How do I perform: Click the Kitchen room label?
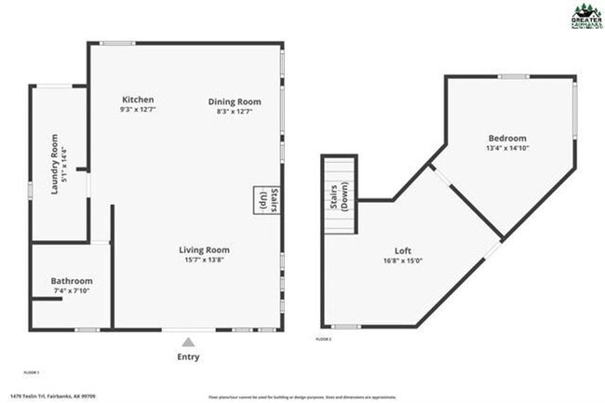[x=137, y=100]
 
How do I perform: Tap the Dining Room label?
[x=228, y=100]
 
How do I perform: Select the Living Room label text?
[x=204, y=249]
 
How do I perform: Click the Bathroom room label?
[x=72, y=280]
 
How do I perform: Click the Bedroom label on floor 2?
[x=506, y=138]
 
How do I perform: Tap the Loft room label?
[x=403, y=250]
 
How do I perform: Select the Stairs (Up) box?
[x=262, y=200]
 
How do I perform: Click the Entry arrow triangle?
[x=188, y=342]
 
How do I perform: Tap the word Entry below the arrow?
[x=188, y=356]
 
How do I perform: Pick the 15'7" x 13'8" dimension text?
[x=204, y=261]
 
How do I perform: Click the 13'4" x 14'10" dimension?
[x=506, y=148]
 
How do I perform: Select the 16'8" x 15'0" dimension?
[x=403, y=262]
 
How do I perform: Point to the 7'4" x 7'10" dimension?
[x=72, y=291]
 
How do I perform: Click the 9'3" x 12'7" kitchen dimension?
[x=137, y=111]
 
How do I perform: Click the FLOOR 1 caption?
[x=32, y=371]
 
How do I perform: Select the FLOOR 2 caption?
[x=323, y=340]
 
